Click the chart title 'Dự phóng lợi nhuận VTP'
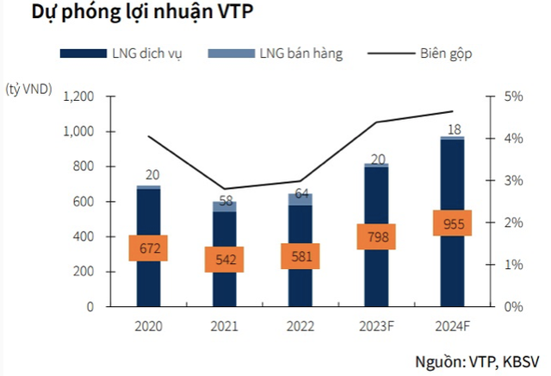130,15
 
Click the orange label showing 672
147,249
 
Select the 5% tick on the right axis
513,97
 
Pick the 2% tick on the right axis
513,222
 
